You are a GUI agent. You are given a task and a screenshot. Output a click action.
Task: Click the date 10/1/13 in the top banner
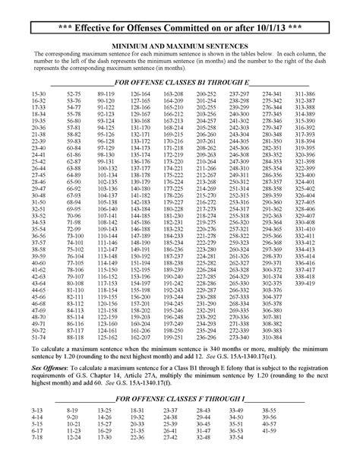tap(278, 29)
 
